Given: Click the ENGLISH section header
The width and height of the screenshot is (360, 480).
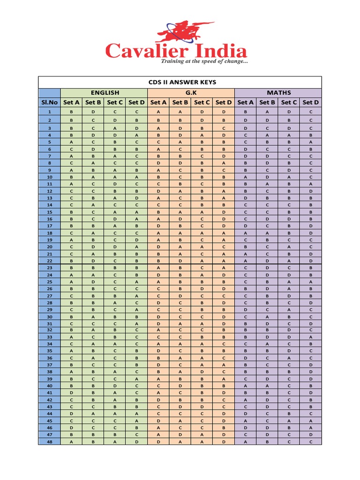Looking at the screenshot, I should (x=104, y=93).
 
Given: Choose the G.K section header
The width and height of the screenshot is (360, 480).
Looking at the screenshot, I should (x=191, y=93).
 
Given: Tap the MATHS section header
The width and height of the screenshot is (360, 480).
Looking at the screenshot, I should (x=278, y=93).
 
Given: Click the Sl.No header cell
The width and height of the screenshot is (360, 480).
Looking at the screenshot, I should (x=49, y=103).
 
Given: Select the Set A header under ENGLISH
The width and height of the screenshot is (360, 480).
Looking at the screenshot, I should (x=71, y=103).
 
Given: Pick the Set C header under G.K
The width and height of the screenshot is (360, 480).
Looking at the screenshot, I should (x=202, y=103).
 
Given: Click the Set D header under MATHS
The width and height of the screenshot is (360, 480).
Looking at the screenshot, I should (x=311, y=103).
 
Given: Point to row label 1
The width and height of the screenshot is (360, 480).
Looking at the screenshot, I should (x=49, y=112).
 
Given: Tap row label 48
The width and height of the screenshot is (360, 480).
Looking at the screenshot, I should (x=49, y=442).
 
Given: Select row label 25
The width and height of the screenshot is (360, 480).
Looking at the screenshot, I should (x=49, y=282).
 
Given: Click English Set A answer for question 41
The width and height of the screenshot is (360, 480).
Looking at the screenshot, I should (x=71, y=392).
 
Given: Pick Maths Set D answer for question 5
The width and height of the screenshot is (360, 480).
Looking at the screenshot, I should (x=311, y=142).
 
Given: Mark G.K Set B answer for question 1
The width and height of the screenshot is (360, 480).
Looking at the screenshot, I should (x=180, y=112).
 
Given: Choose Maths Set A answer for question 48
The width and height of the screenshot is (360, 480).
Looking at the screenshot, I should (x=245, y=442).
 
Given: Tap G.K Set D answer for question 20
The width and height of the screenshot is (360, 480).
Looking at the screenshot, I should (x=224, y=247).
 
